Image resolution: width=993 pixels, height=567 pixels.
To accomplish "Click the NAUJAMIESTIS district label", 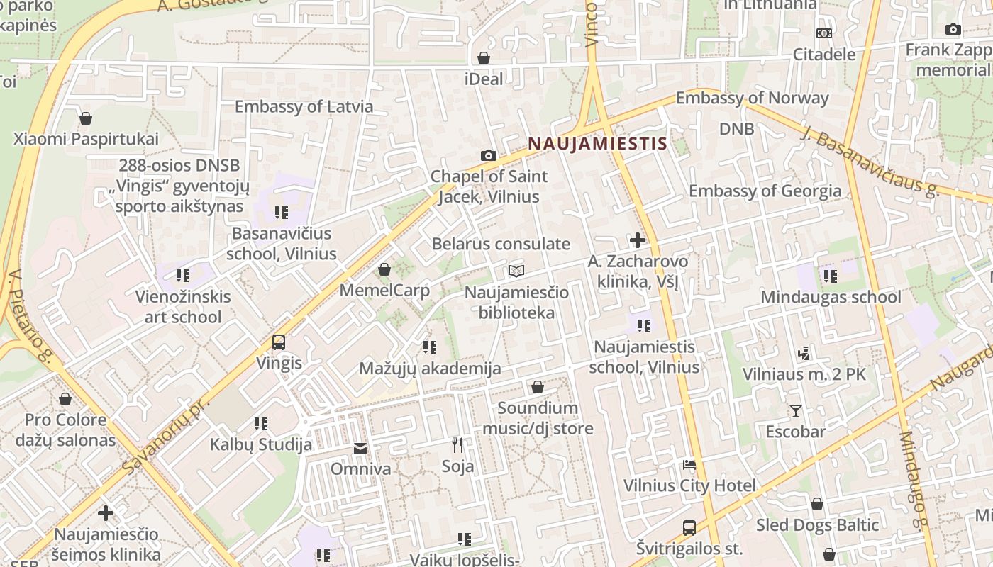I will pos(597,144).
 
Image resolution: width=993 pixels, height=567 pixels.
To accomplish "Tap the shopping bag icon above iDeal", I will pos(484,58).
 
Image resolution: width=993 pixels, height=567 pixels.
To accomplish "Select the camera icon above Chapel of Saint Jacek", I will pos(488,155).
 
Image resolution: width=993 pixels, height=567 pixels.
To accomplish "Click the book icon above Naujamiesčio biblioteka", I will pos(516,271).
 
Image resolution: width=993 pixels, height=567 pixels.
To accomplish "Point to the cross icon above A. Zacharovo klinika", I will pos(638,240).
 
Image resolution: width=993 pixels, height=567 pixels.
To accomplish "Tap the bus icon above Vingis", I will pos(279,342).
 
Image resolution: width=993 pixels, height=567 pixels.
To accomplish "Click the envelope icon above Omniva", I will pos(360,449).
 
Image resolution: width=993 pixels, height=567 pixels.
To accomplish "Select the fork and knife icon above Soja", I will pos(457,445).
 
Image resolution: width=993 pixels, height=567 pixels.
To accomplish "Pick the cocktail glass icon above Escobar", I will pos(795,411).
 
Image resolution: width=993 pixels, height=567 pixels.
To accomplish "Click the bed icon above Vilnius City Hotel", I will pos(689,465).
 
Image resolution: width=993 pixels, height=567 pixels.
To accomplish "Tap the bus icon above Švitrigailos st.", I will pos(689,528).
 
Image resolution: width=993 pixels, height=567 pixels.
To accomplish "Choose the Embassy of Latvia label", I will pos(304,107).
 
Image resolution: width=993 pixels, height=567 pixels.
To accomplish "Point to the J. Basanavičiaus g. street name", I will pos(871,162).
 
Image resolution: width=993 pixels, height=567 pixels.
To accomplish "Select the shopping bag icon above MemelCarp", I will pos(384,269).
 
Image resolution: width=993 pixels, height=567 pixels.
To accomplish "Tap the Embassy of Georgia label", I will pos(765,191).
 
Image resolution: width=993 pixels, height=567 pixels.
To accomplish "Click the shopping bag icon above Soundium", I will pos(538,387).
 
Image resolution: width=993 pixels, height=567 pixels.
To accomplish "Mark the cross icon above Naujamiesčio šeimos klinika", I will pos(106,512).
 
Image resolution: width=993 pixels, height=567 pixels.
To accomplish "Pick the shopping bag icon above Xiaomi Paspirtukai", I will pos(86,118).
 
